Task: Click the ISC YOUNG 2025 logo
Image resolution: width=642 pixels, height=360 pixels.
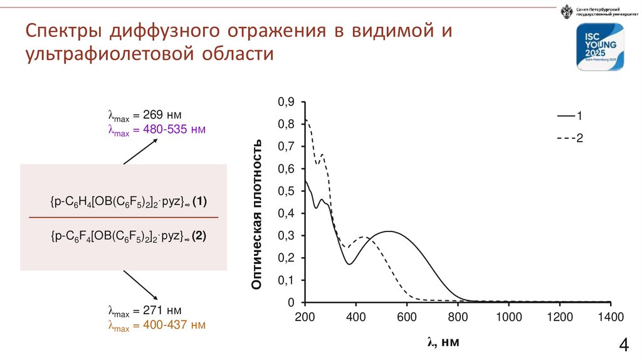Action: [x=601, y=48]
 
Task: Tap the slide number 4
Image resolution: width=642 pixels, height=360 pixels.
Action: [x=624, y=346]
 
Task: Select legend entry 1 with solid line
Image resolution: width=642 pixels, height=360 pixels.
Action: [x=570, y=117]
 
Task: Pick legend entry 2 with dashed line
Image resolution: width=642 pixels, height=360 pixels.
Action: [x=570, y=139]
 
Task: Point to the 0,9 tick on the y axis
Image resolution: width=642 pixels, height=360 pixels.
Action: [x=286, y=102]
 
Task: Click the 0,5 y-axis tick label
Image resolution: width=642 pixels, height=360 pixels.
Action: [x=286, y=191]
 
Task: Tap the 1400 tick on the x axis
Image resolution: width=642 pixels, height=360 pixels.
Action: [x=611, y=316]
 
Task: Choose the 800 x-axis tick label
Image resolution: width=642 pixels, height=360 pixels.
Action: [x=458, y=316]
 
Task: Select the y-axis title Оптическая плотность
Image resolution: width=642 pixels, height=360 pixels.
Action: [x=256, y=214]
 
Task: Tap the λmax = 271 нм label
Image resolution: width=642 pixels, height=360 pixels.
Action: [x=145, y=310]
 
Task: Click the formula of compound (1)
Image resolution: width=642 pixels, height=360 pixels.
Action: [x=129, y=202]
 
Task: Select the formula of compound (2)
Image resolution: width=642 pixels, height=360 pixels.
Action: [x=129, y=236]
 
